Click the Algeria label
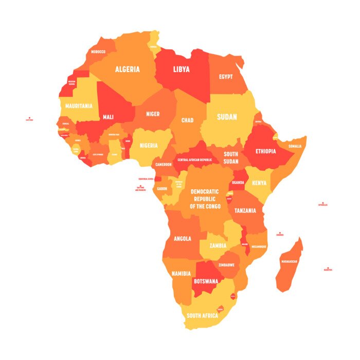click(x=127, y=69)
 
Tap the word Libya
click(x=181, y=69)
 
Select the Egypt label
click(x=226, y=77)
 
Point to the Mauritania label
click(x=79, y=106)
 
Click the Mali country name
click(x=108, y=117)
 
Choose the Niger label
click(x=153, y=114)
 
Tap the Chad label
click(x=187, y=120)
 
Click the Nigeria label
click(x=149, y=146)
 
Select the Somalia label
click(x=295, y=146)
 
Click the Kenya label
click(x=260, y=183)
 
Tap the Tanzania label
click(x=245, y=210)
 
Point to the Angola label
click(x=183, y=239)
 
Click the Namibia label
click(x=181, y=273)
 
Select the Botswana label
click(x=206, y=281)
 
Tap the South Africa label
click(x=202, y=315)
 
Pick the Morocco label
click(x=98, y=52)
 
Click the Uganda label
click(x=238, y=183)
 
